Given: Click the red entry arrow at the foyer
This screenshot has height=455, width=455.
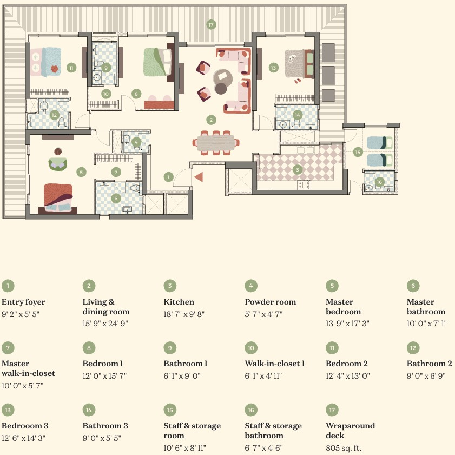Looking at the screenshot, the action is click(199, 177).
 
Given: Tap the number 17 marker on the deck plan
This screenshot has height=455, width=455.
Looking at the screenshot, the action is click(211, 25).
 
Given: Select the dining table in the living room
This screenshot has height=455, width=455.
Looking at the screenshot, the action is click(216, 143).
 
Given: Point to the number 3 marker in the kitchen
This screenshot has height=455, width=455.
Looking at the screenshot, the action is click(297, 170).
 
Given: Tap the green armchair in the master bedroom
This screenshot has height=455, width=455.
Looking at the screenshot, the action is click(58, 164).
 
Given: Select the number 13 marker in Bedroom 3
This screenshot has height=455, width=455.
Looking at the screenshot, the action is click(273, 68).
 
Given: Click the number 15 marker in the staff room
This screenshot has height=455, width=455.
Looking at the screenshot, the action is click(358, 152).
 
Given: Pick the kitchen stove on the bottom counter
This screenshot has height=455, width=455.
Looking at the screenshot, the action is click(304, 184).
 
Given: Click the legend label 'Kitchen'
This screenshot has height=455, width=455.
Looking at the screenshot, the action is click(179, 302).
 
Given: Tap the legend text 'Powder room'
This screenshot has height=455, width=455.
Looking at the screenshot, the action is click(270, 302).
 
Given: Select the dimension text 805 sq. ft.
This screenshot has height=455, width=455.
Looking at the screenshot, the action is click(344, 448).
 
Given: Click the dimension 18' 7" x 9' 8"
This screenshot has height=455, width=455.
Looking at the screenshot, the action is click(184, 314).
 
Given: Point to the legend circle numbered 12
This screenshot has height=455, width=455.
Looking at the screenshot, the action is click(413, 348).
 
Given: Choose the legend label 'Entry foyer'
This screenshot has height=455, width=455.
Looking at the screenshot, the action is click(23, 302).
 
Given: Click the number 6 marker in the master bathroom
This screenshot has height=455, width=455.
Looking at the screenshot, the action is click(116, 199).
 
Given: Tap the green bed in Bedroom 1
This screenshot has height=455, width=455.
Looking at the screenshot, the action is click(157, 62).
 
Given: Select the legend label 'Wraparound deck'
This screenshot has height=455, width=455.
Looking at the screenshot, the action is click(350, 430).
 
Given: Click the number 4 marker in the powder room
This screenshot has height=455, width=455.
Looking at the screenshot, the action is click(136, 142).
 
